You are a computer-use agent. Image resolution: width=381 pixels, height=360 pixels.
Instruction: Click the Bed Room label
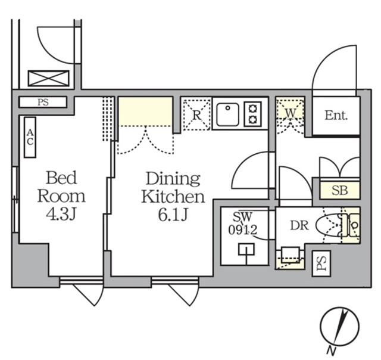pos(61,187)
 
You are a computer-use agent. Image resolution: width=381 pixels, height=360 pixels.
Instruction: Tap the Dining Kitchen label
pos(173,187)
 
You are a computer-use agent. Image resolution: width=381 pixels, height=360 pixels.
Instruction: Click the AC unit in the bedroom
pos(30,137)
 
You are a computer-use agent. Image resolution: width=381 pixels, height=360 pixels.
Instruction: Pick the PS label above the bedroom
pos(43,102)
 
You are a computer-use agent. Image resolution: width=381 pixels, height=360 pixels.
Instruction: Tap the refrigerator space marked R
pos(196,114)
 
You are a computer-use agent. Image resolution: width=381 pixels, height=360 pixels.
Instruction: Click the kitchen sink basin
pos(227,114)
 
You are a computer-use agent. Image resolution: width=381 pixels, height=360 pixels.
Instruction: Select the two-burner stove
pos(253,113)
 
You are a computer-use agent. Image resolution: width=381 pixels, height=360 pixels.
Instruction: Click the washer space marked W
pos(290,111)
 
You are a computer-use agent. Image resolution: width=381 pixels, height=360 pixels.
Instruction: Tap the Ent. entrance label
pos(336,116)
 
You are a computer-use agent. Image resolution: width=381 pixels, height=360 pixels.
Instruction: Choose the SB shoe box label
pos(339,191)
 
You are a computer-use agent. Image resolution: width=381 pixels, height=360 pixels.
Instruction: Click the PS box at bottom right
pos(321,262)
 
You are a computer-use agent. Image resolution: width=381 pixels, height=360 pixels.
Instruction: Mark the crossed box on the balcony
pos(49,79)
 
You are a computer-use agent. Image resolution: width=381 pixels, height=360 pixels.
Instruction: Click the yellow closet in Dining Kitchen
pos(145,111)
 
